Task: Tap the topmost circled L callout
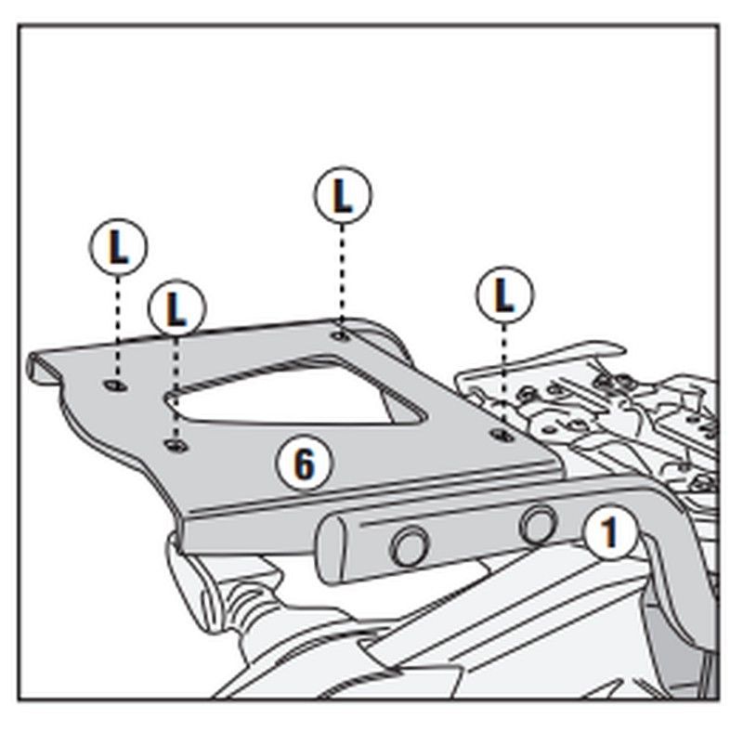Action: point(343,196)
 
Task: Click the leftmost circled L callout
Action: point(117,248)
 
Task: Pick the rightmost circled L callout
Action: point(504,296)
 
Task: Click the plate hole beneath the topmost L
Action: point(341,332)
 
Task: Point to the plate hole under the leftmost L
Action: point(114,385)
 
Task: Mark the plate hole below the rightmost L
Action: point(503,434)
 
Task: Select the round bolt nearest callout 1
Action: point(538,523)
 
